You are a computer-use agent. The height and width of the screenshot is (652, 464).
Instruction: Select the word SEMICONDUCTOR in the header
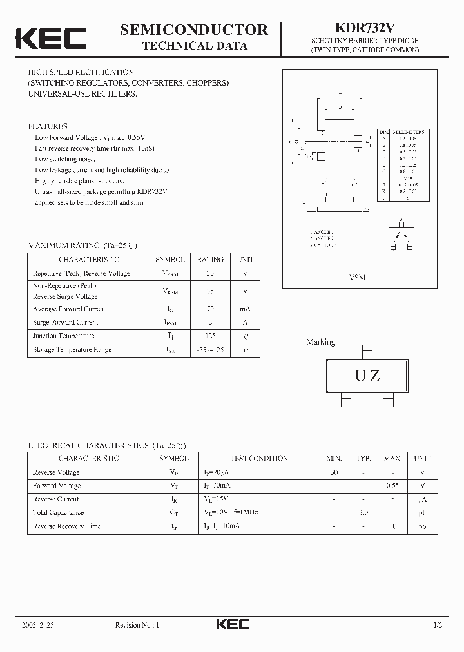(194, 30)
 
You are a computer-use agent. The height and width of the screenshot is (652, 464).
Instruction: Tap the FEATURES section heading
(48, 126)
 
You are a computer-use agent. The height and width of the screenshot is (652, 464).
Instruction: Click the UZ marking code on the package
(367, 377)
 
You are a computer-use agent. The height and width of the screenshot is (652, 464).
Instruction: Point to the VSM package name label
(357, 278)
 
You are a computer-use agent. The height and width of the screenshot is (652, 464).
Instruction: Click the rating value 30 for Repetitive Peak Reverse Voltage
(210, 273)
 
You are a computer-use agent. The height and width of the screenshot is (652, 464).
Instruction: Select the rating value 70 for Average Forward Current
(210, 309)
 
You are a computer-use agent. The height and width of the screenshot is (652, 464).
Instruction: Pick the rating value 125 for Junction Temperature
(210, 336)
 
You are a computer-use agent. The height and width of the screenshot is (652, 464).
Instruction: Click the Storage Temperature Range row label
(72, 349)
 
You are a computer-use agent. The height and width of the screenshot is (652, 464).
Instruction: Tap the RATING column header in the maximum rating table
(210, 260)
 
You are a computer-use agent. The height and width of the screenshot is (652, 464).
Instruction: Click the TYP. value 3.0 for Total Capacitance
(363, 513)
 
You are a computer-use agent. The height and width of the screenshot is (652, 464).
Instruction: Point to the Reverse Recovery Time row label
(67, 526)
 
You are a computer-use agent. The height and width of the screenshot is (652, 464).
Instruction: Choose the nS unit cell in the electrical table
(422, 526)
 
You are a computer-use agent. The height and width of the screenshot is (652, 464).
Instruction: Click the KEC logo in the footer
(232, 625)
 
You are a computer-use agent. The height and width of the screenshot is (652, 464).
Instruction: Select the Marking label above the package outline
(320, 342)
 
